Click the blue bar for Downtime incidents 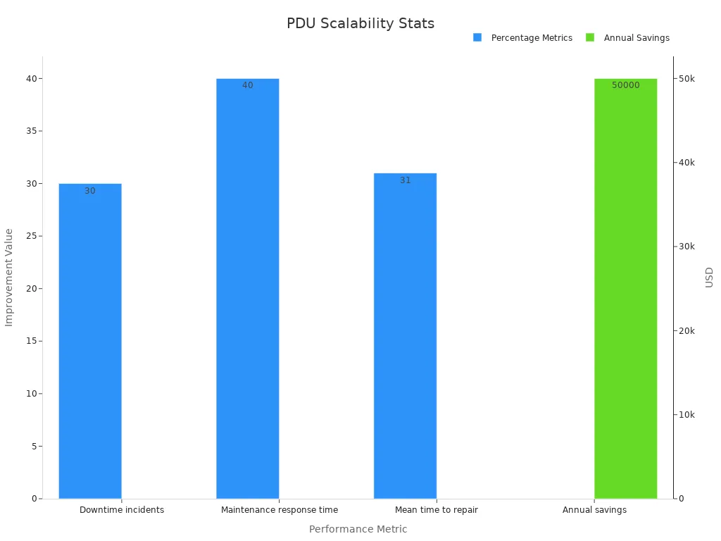coord(90,341)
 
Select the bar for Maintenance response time coord(247,289)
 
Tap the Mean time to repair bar coord(405,336)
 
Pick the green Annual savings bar coord(625,289)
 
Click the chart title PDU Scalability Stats coord(360,23)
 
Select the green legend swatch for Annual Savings coord(590,37)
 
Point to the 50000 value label coord(625,85)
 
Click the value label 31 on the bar coord(405,180)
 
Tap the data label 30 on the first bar coord(90,191)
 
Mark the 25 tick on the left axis coord(32,236)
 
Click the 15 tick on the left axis coord(32,341)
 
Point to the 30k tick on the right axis coord(686,247)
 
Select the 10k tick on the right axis coord(686,415)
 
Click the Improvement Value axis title coord(9,277)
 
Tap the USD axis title coord(709,277)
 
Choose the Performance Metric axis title coord(358,529)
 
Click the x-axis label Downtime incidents coord(122,510)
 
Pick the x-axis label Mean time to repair coord(437,510)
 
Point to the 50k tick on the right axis coord(686,79)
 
